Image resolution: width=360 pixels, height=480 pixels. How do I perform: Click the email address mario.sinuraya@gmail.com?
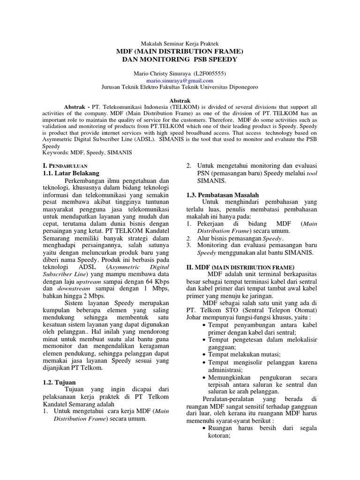180,80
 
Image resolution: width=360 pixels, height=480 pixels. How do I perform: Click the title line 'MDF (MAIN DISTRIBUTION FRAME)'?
180,51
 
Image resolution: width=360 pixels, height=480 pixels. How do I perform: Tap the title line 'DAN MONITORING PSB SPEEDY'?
180,60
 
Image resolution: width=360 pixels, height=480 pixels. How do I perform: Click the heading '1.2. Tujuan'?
58,382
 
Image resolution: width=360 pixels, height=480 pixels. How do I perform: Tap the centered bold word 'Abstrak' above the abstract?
180,101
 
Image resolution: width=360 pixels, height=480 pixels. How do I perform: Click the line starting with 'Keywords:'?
87,153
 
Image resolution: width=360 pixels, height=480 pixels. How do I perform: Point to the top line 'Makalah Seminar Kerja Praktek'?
180,43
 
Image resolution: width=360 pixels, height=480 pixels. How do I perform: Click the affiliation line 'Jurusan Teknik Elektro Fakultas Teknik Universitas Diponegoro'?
180,87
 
